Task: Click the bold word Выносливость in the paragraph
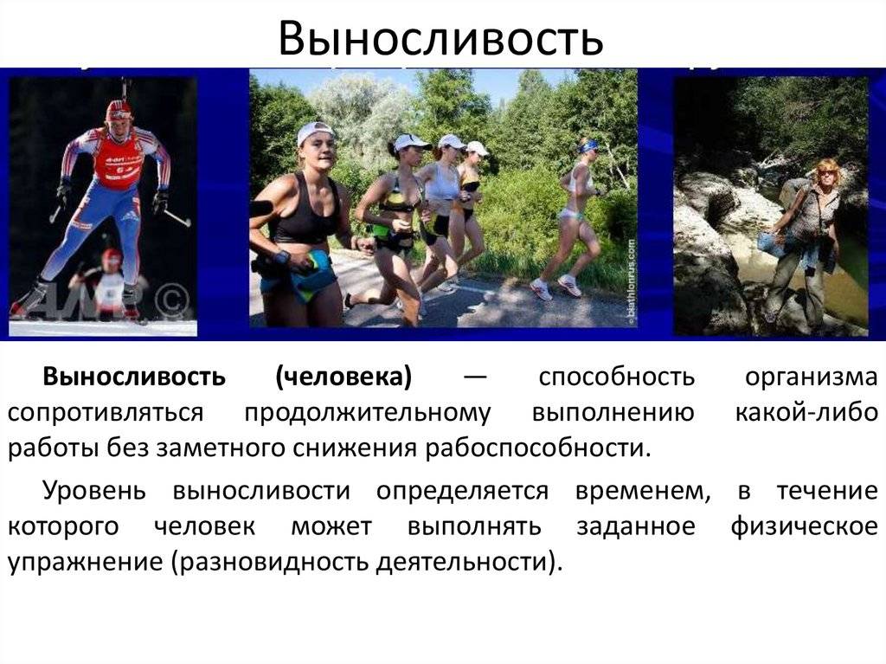point(134,377)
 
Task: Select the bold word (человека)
point(343,377)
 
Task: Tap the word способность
point(616,377)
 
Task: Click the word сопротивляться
point(106,413)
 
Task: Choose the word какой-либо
point(806,413)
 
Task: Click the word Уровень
point(96,491)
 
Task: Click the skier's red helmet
point(119,109)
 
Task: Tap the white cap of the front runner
point(314,131)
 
